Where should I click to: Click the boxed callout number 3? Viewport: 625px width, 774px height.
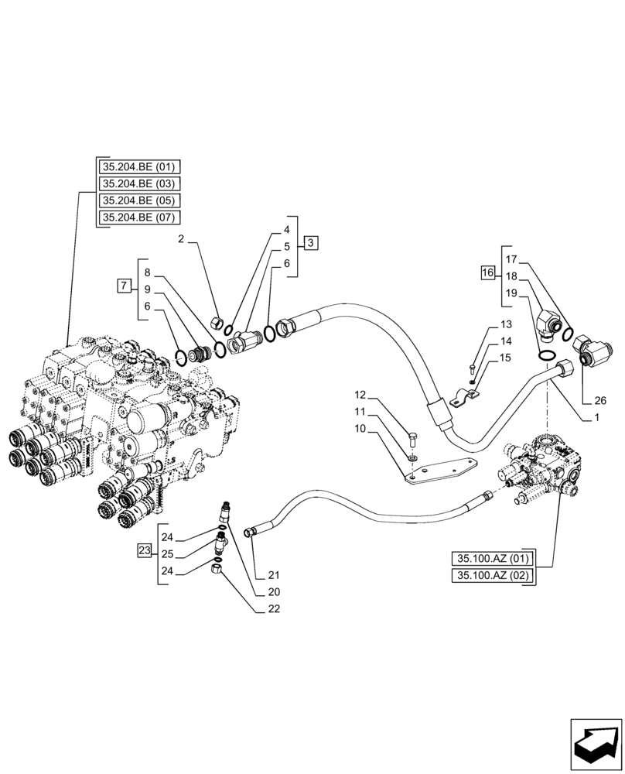click(310, 243)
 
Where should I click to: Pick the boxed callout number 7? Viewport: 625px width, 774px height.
click(123, 286)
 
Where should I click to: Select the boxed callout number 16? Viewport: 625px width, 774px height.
click(487, 272)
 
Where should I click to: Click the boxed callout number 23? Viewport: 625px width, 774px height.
click(144, 551)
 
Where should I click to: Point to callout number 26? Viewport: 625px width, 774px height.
click(601, 401)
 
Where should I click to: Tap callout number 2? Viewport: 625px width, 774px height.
click(181, 239)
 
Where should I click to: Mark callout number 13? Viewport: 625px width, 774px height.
click(506, 324)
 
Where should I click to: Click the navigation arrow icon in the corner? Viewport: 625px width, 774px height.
click(596, 744)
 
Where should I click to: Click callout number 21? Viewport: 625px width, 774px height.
click(275, 575)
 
